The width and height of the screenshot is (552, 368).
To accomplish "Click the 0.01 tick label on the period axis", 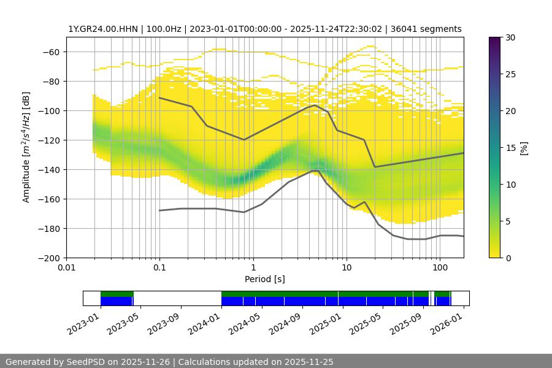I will (66, 267).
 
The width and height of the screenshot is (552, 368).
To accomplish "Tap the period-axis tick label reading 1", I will (253, 267).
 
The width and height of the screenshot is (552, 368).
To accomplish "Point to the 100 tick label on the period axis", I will (439, 267).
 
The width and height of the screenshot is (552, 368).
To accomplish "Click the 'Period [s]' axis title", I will (264, 279).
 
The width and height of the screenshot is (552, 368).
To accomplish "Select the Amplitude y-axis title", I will (26, 147).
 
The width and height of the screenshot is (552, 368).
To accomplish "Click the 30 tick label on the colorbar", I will (510, 37).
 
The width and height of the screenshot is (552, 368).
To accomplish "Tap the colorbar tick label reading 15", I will (510, 148).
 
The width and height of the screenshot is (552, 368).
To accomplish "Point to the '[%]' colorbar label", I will (523, 148).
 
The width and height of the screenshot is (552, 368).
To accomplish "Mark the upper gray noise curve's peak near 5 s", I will (315, 105).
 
